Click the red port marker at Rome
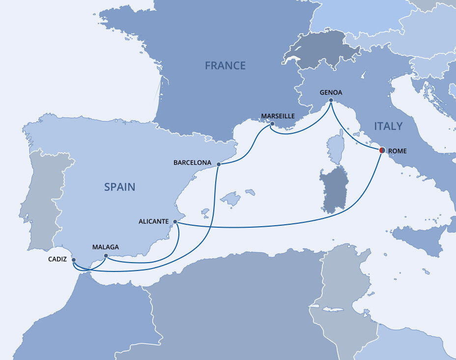coord(382,150)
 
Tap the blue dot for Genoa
coord(331,101)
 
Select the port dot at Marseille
coord(272,124)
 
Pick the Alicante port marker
coord(175,222)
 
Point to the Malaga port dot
coord(106,256)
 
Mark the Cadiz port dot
coord(74,260)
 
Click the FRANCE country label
coord(225,65)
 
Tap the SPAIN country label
coord(119,187)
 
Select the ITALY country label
coord(388,126)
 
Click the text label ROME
coord(398,151)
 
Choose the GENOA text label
coord(331,92)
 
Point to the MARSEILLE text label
coord(278,116)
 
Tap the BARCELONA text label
coord(192,162)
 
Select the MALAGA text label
coord(105,247)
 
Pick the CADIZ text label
coord(57,259)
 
